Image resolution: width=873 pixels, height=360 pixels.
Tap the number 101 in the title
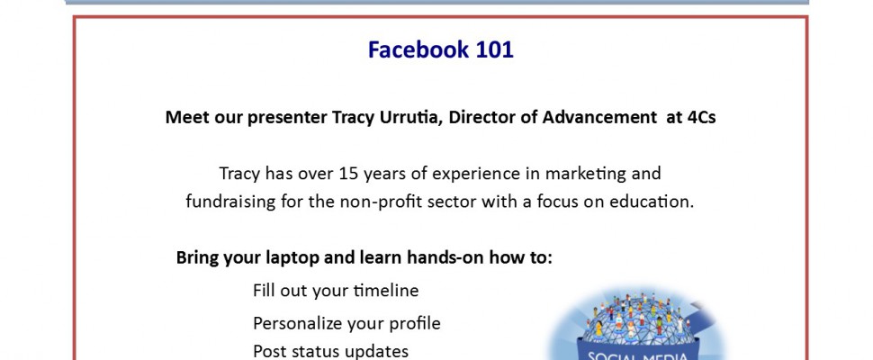pos(494,49)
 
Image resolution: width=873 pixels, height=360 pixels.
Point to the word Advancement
pos(599,117)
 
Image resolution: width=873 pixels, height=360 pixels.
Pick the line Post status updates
pos(330,352)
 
